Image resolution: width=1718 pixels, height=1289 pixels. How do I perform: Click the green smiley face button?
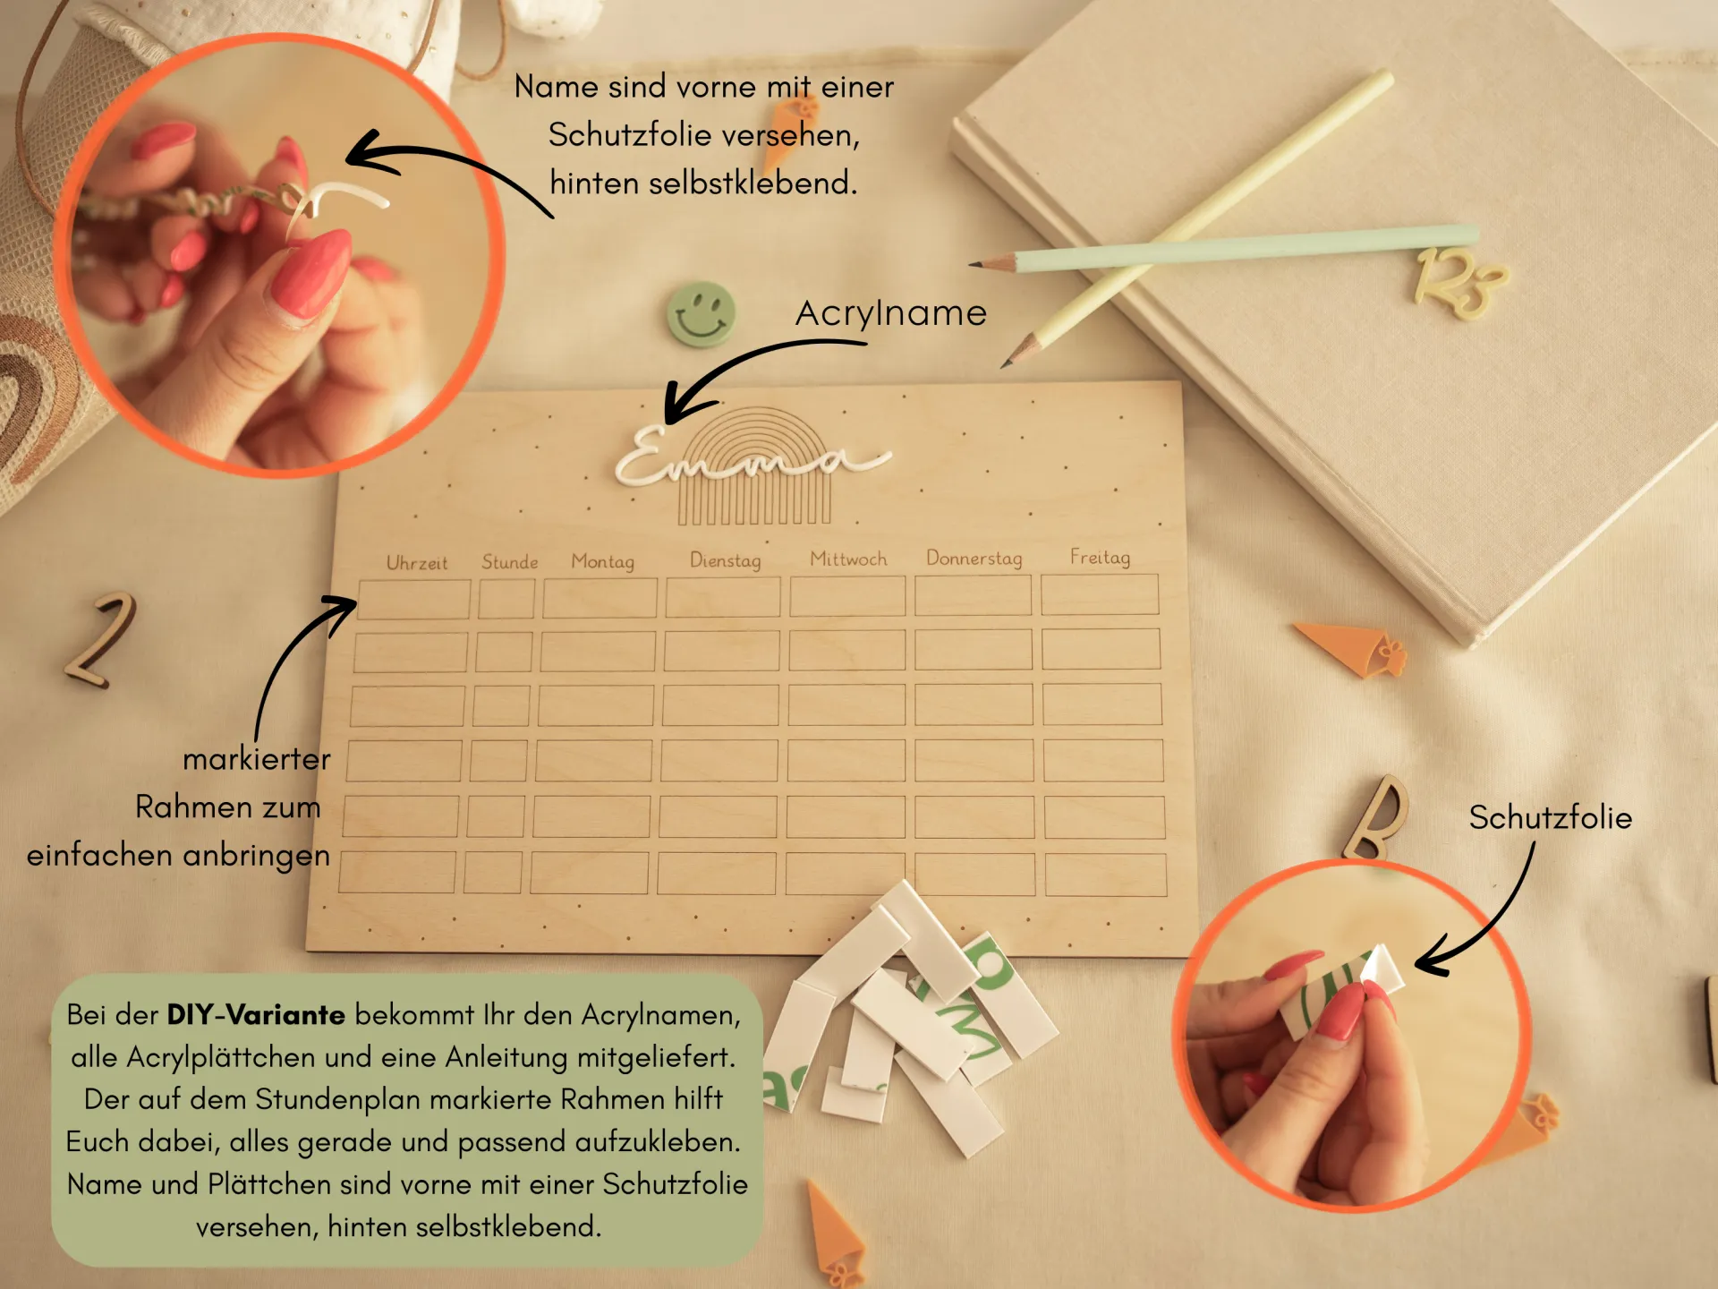pos(702,315)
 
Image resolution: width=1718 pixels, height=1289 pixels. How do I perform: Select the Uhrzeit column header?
pos(417,563)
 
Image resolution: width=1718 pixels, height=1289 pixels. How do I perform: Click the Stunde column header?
pos(510,562)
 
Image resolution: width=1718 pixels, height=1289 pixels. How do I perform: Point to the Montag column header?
pos(603,561)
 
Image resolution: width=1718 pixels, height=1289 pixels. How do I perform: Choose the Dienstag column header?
pos(726,560)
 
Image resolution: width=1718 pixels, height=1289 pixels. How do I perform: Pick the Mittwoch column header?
pos(848,559)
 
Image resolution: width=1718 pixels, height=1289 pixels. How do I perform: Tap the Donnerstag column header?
pos(974,558)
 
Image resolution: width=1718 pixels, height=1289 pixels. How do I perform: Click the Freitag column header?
pos(1101,557)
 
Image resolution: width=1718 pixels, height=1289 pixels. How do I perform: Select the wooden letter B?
pos(1376,816)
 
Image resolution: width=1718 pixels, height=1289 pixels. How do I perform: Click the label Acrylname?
pos(891,313)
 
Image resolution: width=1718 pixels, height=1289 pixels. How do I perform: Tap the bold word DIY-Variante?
pos(256,1014)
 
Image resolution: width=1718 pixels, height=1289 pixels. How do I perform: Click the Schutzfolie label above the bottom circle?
pos(1551,817)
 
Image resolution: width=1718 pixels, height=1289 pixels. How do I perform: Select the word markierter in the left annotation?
pos(257,759)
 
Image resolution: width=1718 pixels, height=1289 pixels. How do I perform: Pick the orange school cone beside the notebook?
pos(1351,647)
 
